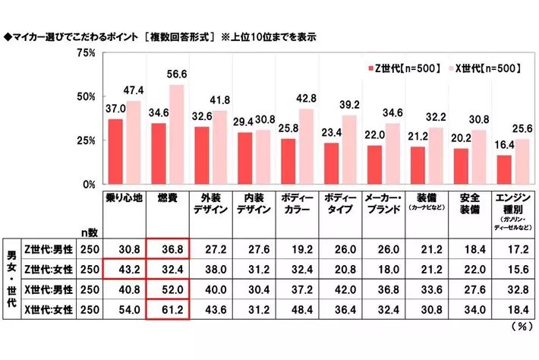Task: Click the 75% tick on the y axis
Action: tap(85, 53)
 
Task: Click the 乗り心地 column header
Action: tap(125, 200)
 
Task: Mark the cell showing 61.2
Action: tap(167, 311)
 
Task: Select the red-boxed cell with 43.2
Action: tap(125, 268)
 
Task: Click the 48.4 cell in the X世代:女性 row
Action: tap(297, 311)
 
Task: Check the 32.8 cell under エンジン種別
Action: tap(512, 289)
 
